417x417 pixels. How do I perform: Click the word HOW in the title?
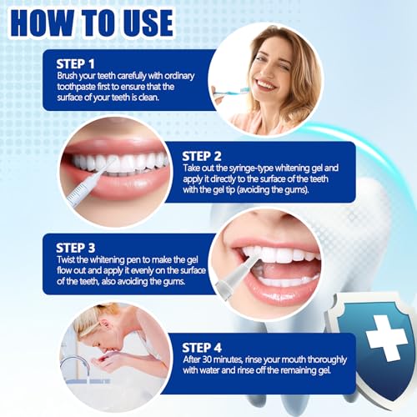tap(47, 23)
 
